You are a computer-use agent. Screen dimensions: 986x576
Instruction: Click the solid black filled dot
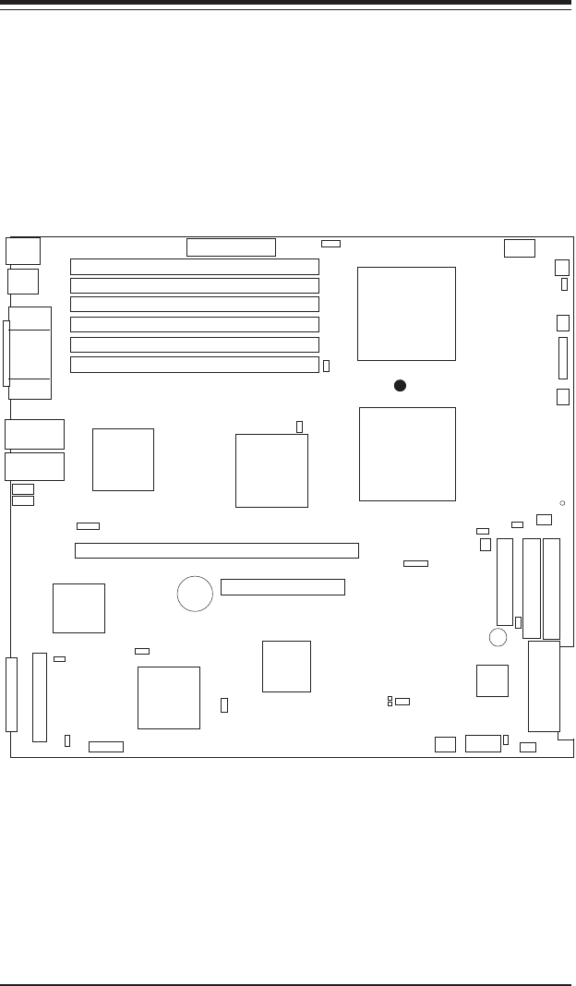pyautogui.click(x=400, y=386)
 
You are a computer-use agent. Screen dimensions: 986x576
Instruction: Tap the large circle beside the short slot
pyautogui.click(x=195, y=594)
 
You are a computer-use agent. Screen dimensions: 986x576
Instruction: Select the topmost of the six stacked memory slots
pyautogui.click(x=195, y=267)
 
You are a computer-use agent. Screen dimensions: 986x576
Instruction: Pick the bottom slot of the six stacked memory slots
pyautogui.click(x=195, y=365)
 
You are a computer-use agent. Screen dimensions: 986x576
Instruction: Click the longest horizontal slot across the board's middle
pyautogui.click(x=216, y=551)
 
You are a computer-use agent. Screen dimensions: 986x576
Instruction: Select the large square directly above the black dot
pyautogui.click(x=406, y=314)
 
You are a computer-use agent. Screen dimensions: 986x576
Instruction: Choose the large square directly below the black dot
pyautogui.click(x=407, y=454)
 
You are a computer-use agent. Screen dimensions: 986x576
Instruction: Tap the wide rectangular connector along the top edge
pyautogui.click(x=231, y=247)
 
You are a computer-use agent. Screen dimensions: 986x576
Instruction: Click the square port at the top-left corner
pyautogui.click(x=23, y=251)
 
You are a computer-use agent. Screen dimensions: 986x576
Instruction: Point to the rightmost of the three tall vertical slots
pyautogui.click(x=552, y=588)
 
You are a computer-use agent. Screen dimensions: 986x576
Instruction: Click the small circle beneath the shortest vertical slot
pyautogui.click(x=498, y=637)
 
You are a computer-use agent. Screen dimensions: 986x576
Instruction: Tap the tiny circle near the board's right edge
pyautogui.click(x=562, y=503)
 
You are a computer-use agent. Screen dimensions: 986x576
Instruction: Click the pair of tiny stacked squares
pyautogui.click(x=390, y=702)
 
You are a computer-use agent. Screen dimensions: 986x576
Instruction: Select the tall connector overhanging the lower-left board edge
pyautogui.click(x=11, y=693)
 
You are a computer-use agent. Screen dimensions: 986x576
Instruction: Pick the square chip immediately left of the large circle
pyautogui.click(x=78, y=607)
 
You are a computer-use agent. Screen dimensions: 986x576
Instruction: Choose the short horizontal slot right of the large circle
pyautogui.click(x=282, y=587)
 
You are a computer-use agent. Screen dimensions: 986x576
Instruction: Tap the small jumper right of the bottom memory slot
pyautogui.click(x=327, y=367)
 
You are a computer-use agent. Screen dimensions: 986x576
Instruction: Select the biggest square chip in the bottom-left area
pyautogui.click(x=169, y=697)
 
